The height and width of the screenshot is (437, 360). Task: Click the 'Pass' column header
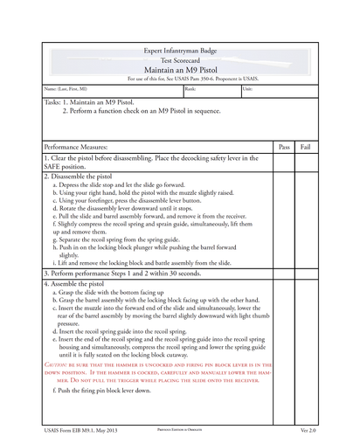click(284, 147)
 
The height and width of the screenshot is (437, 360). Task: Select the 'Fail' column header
click(306, 147)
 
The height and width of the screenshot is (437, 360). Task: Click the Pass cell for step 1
click(284, 163)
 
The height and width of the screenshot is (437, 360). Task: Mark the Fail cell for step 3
click(306, 273)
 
